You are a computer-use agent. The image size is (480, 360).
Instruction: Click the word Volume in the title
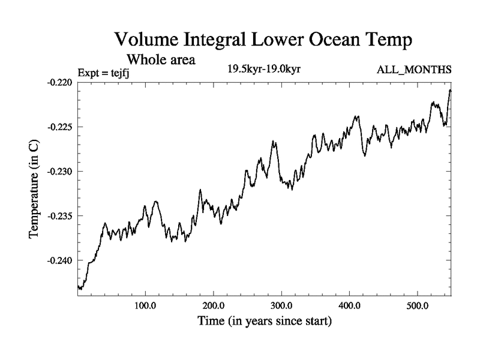click(x=146, y=41)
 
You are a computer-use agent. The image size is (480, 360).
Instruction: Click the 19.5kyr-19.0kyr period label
click(x=264, y=69)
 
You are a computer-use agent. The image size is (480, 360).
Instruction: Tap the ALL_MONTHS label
click(x=414, y=70)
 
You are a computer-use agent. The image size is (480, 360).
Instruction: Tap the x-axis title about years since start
click(x=265, y=321)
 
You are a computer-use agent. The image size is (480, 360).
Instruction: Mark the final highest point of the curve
click(x=450, y=90)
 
